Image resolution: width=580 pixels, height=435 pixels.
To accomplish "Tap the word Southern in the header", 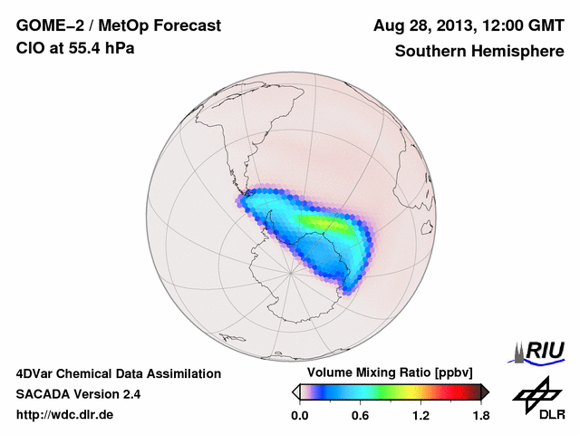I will tap(429, 51).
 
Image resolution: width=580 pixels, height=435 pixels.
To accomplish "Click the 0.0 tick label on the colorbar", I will tap(299, 416).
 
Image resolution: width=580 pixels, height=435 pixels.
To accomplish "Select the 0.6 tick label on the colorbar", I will tap(360, 416).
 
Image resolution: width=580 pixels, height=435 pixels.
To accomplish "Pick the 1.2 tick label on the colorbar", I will tap(420, 416).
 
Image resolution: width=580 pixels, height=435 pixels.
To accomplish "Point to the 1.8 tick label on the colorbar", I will tap(480, 416).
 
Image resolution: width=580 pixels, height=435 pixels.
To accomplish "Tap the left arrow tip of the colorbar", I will tap(295, 391).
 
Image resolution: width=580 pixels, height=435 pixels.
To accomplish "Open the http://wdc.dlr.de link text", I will tap(65, 415).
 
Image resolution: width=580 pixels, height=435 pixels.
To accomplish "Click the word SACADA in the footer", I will tap(45, 394).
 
